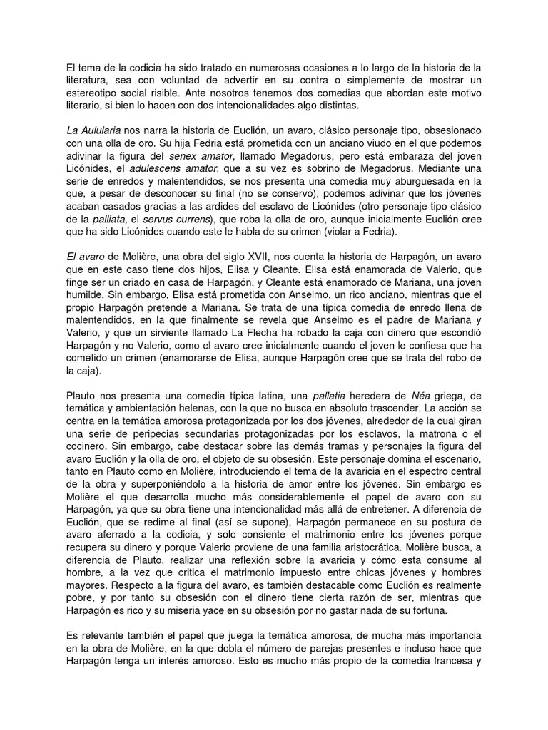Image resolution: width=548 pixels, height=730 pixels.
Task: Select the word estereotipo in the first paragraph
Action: tap(90, 93)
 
